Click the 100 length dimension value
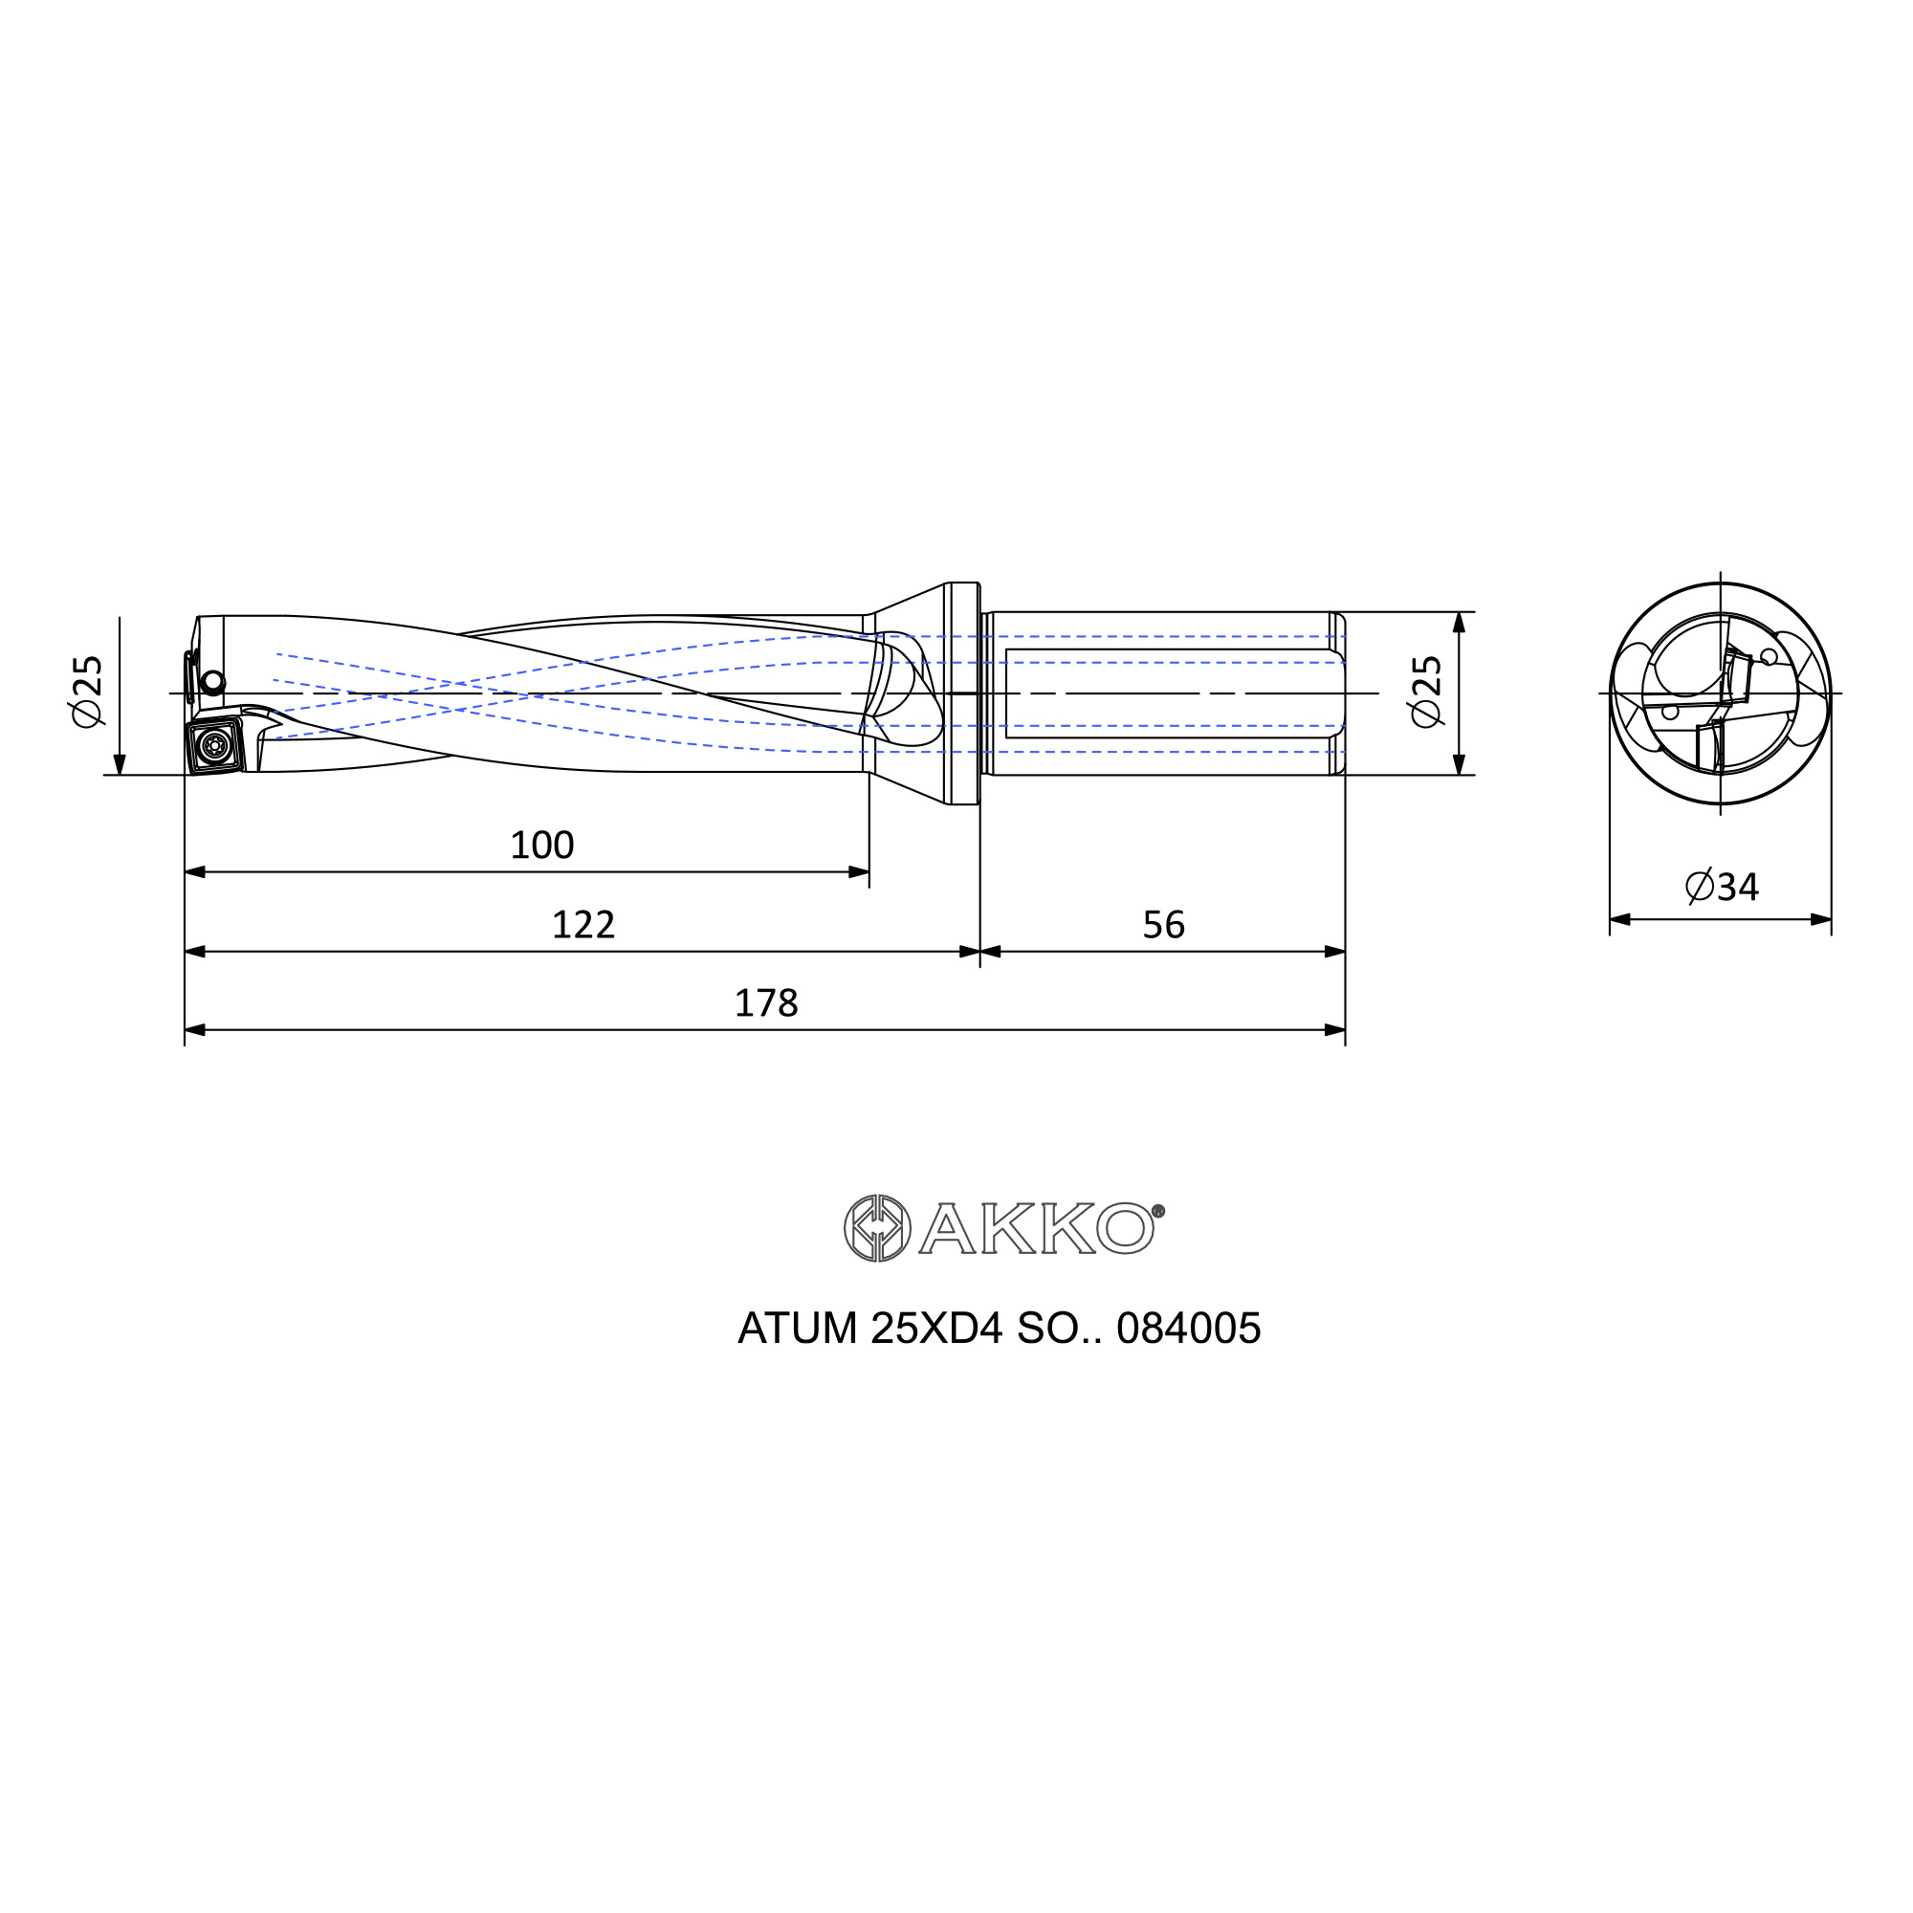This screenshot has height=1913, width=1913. [541, 846]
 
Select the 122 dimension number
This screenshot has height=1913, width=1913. [583, 925]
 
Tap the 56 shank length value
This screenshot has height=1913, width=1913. [1163, 925]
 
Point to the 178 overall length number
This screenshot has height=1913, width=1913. [765, 1004]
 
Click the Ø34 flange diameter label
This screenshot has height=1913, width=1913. [1722, 887]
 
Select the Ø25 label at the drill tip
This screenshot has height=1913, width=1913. [88, 692]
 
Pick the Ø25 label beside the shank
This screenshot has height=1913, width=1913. [1427, 692]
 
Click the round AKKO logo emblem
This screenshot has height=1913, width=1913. [877, 1228]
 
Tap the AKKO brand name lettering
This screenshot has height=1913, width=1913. [1037, 1228]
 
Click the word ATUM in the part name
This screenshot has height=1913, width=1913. [798, 1329]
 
